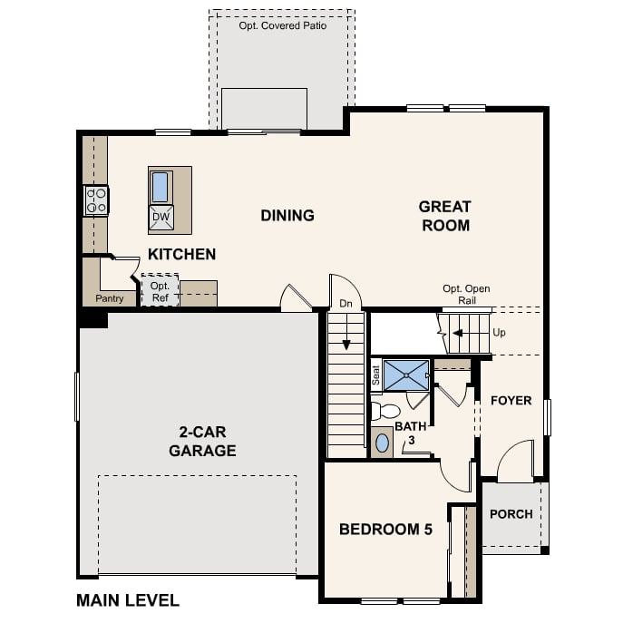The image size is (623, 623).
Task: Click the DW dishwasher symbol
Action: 161,218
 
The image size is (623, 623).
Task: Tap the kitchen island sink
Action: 161,188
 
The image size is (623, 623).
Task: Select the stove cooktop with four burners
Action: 96,200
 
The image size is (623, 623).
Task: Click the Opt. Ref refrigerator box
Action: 160,290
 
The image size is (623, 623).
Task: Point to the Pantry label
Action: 109,298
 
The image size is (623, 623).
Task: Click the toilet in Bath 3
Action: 385,411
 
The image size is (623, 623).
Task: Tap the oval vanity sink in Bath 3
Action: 382,443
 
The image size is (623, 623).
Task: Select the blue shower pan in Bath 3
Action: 406,375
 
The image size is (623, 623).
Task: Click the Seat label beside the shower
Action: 375,375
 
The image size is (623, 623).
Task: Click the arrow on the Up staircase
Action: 458,333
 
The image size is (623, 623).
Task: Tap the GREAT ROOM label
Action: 445,216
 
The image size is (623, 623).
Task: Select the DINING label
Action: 287,215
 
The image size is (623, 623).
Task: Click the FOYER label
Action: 511,401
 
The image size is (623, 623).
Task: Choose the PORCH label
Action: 511,514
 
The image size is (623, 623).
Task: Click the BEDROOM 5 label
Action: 385,530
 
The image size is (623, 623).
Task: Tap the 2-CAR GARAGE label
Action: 202,441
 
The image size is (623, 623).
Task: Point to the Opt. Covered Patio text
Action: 283,25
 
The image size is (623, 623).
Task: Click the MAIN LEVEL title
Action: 128,600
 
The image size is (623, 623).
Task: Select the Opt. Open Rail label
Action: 466,295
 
